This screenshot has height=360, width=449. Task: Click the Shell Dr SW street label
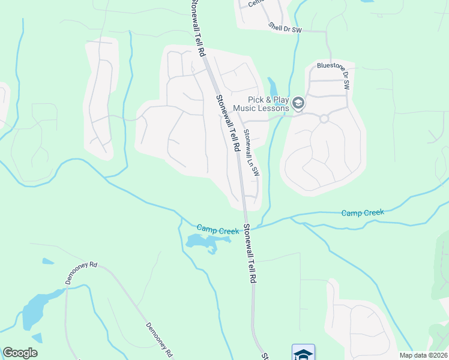tap(285, 27)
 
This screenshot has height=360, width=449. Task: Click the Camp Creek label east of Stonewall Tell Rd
tap(363, 213)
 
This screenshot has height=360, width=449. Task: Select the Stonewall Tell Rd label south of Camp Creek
tap(250, 254)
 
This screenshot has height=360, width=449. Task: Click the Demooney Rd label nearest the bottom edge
tap(159, 338)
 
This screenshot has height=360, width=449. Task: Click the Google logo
tap(20, 353)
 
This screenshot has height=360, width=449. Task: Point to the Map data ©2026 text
tap(423, 355)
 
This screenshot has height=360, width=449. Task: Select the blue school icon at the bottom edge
tap(303, 353)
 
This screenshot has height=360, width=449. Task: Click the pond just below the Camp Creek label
tap(204, 241)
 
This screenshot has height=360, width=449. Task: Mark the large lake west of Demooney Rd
tap(37, 309)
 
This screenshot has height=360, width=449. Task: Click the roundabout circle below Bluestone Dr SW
tap(324, 119)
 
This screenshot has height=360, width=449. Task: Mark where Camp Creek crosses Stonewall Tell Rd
tap(246, 227)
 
